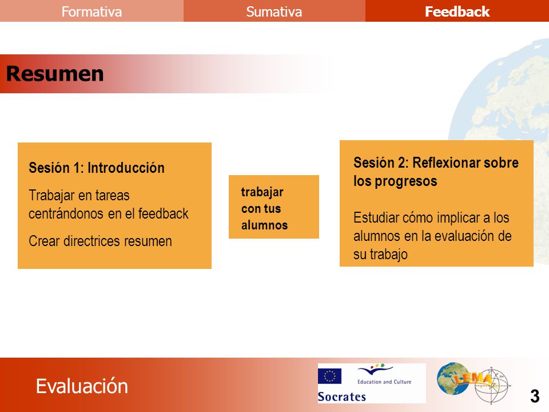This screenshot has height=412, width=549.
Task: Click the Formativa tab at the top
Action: pos(91,11)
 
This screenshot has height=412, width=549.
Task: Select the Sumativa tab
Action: pos(274,11)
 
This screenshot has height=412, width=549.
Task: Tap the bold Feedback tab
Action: pos(457,11)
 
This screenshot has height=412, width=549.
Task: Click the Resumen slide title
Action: pos(55,74)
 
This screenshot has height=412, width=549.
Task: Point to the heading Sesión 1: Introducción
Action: pos(97,168)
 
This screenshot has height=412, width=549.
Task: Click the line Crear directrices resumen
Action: pos(100,241)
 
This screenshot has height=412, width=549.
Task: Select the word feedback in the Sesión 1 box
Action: pos(164,213)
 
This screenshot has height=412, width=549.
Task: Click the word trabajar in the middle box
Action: pos(262,192)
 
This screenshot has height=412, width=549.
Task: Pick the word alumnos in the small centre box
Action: pos(264,225)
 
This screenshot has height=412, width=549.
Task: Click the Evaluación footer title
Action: pos(82,386)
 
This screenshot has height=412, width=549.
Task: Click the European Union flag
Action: pos(329,376)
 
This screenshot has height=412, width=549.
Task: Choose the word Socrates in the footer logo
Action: pos(342,397)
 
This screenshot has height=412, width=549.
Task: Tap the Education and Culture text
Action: pos(384,382)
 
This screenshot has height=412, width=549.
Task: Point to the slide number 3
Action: pos(535,396)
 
